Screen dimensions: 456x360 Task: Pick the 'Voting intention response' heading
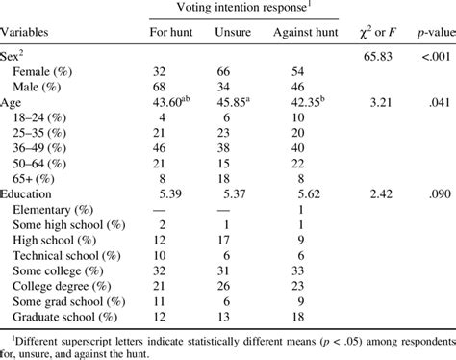tap(243, 9)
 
